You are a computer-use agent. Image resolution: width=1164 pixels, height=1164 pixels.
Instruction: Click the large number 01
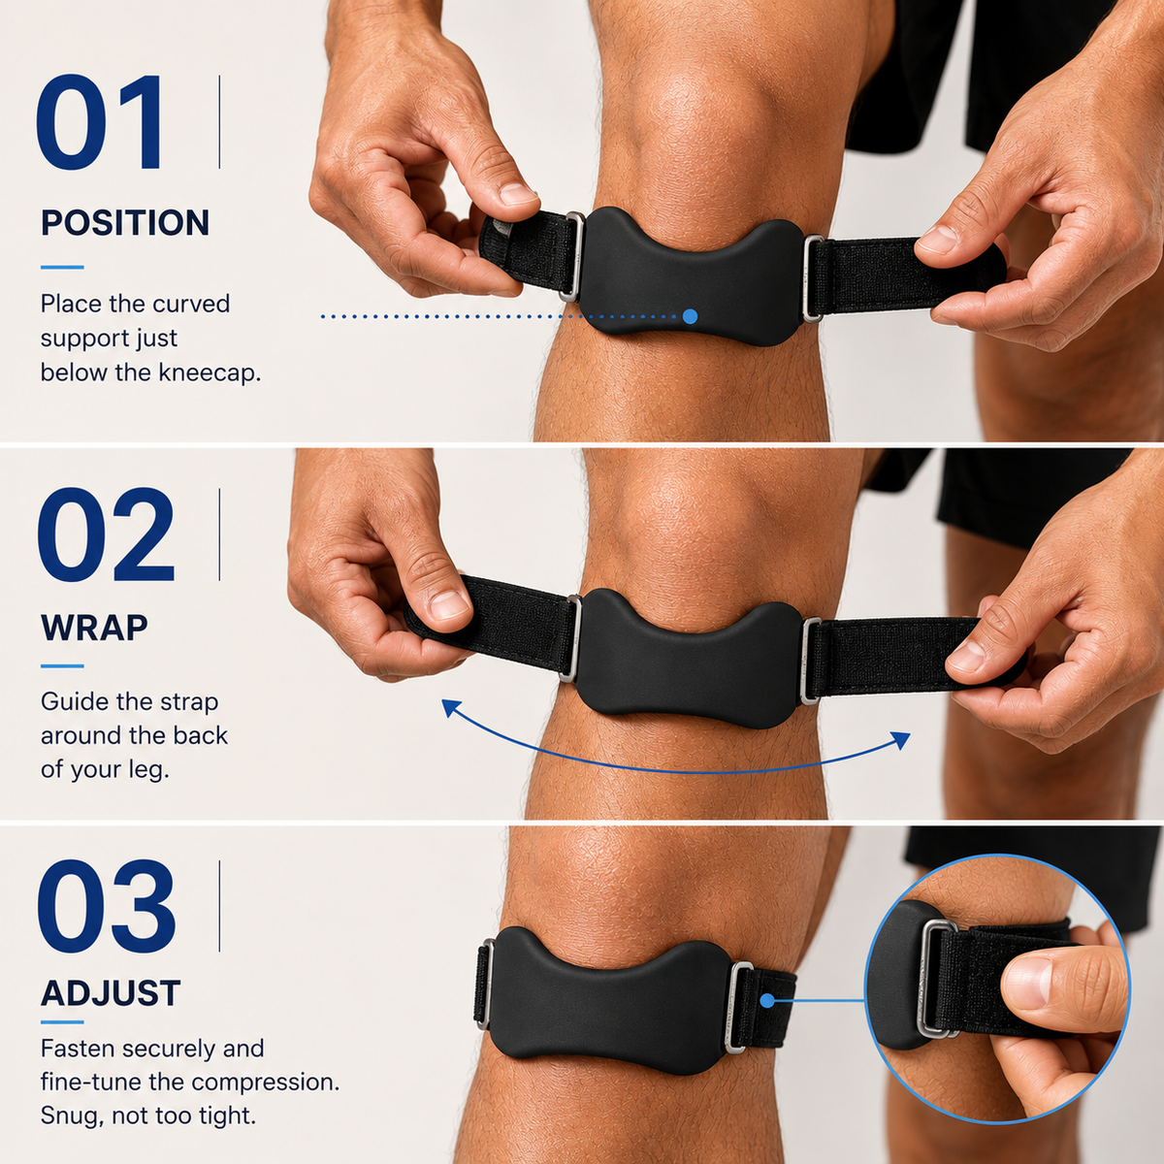[x=100, y=122]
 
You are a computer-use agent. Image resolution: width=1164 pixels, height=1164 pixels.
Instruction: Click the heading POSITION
[x=125, y=222]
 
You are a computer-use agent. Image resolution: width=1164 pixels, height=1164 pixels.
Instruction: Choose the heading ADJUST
[x=111, y=992]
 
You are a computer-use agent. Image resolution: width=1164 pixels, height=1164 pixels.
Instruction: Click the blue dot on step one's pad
[x=690, y=316]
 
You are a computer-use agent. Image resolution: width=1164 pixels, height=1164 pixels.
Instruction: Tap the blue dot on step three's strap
[x=767, y=1001]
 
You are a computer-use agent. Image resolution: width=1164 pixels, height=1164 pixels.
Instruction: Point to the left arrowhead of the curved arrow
[x=450, y=708]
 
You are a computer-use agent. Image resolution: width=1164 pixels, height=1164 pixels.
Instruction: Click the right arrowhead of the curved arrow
[x=902, y=739]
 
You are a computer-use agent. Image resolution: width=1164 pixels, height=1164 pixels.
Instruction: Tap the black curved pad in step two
[x=689, y=659]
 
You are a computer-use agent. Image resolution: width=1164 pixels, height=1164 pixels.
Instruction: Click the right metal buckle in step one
[x=813, y=277]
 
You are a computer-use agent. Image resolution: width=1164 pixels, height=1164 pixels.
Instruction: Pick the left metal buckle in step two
[x=570, y=638]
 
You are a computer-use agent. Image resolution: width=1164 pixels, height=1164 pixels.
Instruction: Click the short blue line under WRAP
[x=62, y=666]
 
